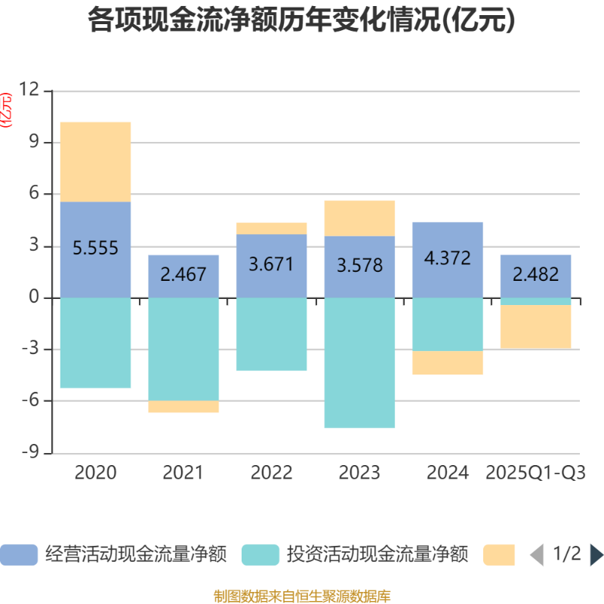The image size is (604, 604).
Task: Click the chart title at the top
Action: click(302, 21)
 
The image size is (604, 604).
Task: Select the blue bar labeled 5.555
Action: click(96, 226)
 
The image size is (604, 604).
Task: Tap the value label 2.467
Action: click(183, 274)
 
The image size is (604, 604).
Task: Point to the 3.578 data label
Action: click(360, 266)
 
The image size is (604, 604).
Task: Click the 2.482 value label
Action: click(536, 274)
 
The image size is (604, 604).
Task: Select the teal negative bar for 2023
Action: click(360, 362)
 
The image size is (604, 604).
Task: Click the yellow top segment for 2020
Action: click(96, 162)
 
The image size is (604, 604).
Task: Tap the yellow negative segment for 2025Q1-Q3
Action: click(536, 327)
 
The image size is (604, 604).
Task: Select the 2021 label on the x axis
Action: click(183, 473)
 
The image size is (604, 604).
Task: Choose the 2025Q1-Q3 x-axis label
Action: click(536, 473)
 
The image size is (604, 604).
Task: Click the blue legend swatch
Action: click(19, 554)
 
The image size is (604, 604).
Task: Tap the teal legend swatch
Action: click(260, 554)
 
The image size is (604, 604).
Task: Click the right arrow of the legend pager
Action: click(596, 555)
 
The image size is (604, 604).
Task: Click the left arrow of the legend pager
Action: click(536, 555)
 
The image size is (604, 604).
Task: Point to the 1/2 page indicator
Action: click(567, 555)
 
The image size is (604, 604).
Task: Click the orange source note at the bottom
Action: click(302, 596)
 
